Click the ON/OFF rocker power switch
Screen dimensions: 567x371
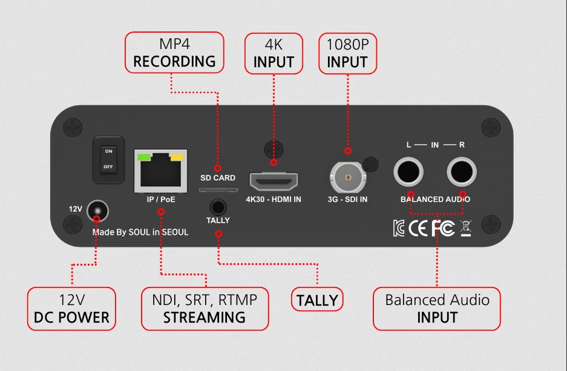click(108, 159)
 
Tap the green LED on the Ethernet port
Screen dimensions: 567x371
click(145, 157)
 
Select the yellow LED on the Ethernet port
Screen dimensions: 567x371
click(177, 157)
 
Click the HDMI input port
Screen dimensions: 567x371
click(274, 182)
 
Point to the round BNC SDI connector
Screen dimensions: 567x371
click(348, 177)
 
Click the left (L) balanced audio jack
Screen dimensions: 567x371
click(408, 172)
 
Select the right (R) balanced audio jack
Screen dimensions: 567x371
click(462, 172)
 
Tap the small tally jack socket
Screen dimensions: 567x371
click(218, 208)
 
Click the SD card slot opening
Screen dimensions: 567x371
click(218, 189)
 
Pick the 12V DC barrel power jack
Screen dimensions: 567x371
click(97, 211)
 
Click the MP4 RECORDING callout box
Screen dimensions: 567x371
click(174, 53)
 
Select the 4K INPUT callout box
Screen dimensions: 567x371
click(274, 53)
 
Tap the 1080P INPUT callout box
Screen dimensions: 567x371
click(347, 53)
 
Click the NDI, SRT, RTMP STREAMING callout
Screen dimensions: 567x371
click(205, 309)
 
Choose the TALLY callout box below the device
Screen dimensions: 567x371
click(317, 300)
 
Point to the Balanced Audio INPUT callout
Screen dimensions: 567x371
click(437, 309)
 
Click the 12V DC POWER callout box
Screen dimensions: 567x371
click(71, 309)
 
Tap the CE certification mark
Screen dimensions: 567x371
click(418, 228)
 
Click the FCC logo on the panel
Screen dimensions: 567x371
click(443, 228)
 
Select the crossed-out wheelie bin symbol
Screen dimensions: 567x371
click(466, 228)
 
